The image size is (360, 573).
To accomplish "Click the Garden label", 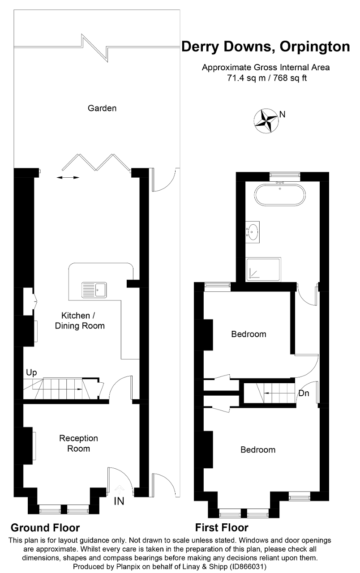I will (102, 108).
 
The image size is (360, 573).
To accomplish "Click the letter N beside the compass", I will (282, 114).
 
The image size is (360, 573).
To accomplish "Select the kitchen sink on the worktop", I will (94, 290).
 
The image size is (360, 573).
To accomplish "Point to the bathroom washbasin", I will (253, 231).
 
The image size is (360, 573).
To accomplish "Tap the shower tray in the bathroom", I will (263, 269).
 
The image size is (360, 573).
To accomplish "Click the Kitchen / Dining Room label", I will (80, 320).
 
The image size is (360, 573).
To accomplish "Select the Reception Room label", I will (78, 443).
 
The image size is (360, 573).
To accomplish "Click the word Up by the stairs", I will (31, 372).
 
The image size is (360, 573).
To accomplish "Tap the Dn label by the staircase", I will (304, 393).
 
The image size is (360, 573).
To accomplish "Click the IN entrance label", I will (119, 501).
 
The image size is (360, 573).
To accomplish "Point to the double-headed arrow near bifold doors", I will (68, 178).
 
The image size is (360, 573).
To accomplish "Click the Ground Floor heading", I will (45, 527).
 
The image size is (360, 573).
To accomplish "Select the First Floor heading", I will (222, 527).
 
